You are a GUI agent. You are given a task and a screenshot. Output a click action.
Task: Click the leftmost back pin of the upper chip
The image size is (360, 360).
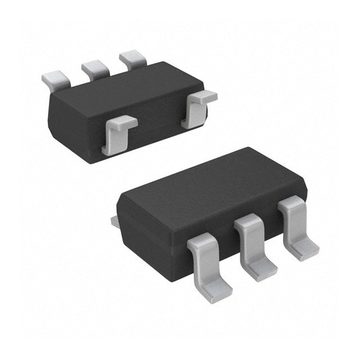click(x=55, y=79)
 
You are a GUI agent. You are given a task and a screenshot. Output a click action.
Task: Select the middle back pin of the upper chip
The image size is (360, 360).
click(x=94, y=69)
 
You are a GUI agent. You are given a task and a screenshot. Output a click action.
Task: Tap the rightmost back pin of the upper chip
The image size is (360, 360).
click(x=133, y=59)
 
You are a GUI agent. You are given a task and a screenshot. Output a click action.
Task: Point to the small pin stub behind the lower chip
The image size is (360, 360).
click(x=115, y=222)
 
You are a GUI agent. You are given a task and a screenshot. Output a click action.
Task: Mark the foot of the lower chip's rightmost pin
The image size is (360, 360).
click(x=304, y=247)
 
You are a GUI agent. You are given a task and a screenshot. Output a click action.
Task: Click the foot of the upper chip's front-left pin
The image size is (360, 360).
click(x=108, y=149)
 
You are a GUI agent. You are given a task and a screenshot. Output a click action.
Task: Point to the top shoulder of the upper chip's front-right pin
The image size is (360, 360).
click(x=202, y=96)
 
